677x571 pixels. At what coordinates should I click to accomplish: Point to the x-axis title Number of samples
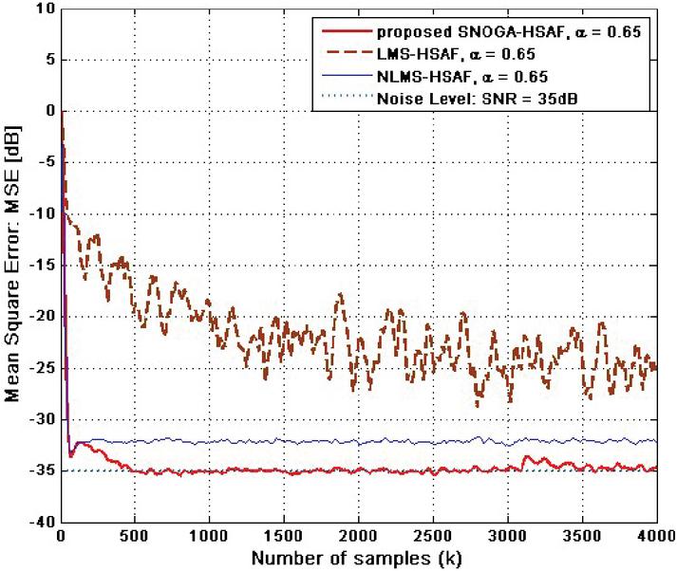pos(358,558)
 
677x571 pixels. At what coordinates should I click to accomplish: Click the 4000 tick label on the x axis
pos(655,537)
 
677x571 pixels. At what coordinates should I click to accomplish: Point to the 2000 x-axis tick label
pos(358,537)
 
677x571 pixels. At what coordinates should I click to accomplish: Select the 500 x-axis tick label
pos(135,537)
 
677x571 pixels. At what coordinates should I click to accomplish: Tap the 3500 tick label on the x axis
pos(581,537)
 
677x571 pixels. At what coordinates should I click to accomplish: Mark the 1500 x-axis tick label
pos(284,537)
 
